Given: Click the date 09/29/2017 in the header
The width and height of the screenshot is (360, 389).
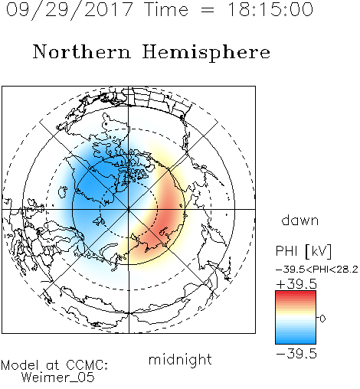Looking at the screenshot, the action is pos(70,10).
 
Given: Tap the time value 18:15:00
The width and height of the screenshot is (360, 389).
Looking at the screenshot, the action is pos(270,9).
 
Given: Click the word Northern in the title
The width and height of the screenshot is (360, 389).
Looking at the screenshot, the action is pos(82,51).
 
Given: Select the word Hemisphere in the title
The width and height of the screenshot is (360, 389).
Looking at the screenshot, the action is pos(206,53).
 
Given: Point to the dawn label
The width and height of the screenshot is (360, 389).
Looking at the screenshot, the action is pos(300,220).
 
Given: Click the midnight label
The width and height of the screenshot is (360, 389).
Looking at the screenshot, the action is pos(180,360).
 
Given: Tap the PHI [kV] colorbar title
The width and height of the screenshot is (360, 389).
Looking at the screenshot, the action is pos(303,251).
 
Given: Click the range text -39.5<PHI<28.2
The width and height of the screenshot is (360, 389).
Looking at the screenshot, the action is pos(317,270).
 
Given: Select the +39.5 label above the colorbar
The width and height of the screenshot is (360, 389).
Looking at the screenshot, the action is pos(296,284).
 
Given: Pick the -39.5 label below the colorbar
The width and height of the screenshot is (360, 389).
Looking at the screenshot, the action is pos(296,354).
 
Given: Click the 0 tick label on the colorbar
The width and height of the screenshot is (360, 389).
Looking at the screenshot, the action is pos(322,319).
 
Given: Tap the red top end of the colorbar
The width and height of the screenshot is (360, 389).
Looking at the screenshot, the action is pos(296,293).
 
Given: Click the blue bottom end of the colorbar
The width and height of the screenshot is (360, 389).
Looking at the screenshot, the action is pos(296,342).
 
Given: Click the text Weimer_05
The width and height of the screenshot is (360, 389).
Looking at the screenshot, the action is pos(58,378).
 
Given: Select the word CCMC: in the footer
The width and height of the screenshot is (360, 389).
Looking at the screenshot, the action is pos(87,365).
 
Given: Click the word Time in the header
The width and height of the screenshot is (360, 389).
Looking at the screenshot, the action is pos(166,9).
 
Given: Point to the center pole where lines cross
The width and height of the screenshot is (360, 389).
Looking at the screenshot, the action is pos(129,209).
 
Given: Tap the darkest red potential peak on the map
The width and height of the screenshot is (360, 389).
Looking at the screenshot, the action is pos(169,216).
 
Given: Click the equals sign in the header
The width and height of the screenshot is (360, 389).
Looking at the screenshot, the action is pos(208,11).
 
